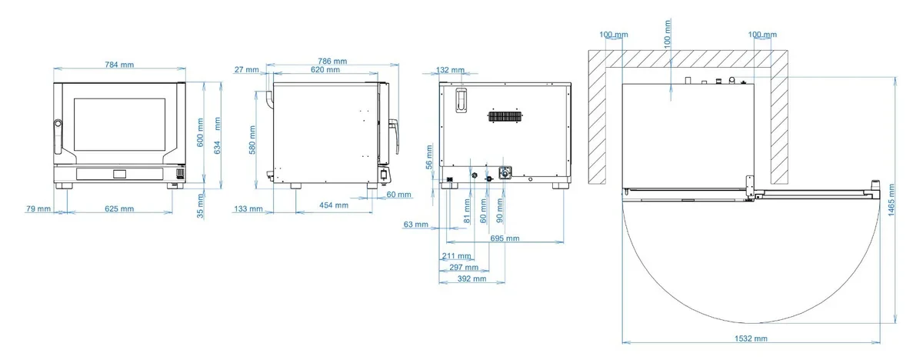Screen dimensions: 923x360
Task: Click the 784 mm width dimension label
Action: point(119,65)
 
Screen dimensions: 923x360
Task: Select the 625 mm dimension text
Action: point(119,208)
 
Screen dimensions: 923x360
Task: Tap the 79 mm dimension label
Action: point(38,208)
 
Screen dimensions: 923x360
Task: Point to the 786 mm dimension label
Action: point(332,61)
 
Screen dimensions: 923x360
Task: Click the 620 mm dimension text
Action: point(325,69)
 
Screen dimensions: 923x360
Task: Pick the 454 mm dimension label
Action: point(334,205)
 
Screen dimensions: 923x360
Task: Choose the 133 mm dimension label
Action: point(248,208)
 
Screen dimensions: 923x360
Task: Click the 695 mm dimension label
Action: point(505,238)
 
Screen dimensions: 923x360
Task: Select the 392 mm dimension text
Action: point(471,279)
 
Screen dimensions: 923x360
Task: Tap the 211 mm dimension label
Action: point(457,256)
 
